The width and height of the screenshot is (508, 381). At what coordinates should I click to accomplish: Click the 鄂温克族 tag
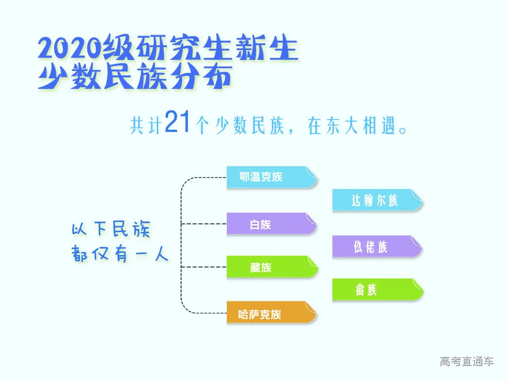[271, 177]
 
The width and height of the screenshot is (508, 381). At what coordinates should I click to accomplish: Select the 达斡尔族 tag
[378, 200]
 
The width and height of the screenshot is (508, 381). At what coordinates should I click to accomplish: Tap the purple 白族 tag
[271, 224]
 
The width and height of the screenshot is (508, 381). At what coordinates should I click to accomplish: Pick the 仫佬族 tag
[378, 247]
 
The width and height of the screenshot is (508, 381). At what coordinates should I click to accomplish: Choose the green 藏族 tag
[272, 267]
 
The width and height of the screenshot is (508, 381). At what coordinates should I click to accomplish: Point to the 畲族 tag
[378, 290]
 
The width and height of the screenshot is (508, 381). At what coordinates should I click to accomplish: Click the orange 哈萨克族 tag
[271, 313]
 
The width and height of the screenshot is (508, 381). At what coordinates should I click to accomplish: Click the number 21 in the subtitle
[177, 122]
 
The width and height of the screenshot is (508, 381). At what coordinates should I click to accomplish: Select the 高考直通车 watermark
[466, 361]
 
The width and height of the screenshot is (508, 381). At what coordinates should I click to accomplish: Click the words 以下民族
[111, 229]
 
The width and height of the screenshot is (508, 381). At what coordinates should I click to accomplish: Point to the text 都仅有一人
[120, 254]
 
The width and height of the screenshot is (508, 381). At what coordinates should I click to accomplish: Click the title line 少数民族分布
[135, 76]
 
